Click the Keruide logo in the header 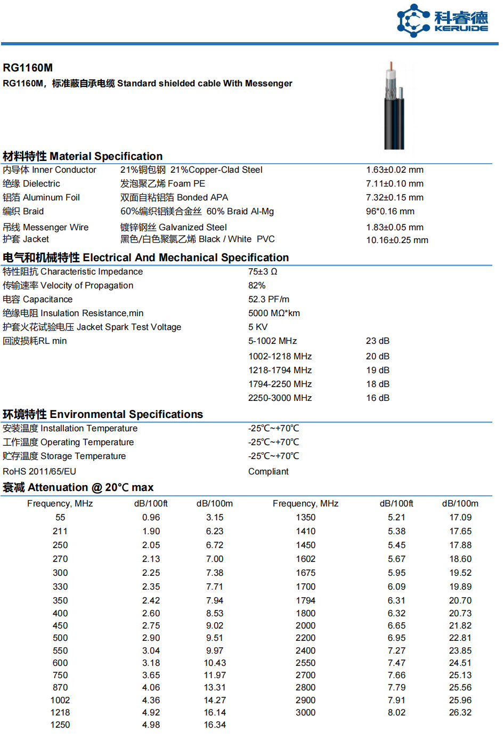tap(442, 21)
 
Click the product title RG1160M tap(28, 68)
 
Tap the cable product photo tap(394, 106)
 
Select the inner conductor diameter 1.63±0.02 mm tap(394, 170)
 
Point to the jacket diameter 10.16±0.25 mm tap(397, 240)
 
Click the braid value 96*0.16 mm tap(390, 212)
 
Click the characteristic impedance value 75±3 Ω tap(263, 272)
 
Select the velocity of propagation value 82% tap(257, 286)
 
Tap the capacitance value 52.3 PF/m tap(269, 300)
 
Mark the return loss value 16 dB tap(377, 398)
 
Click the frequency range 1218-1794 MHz tap(280, 371)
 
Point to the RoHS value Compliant tap(268, 472)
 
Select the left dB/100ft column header tap(151, 504)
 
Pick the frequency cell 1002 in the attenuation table tap(60, 701)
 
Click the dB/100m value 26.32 tap(460, 713)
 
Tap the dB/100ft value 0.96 tap(151, 518)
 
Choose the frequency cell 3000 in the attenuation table tap(305, 713)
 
